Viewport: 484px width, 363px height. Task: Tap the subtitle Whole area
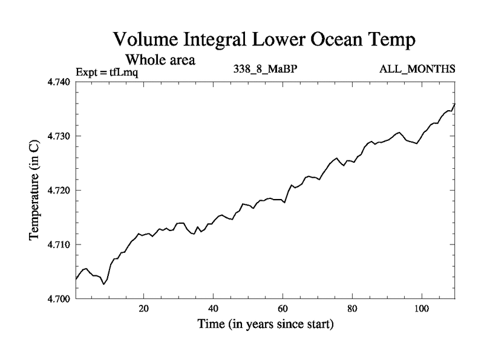[160, 60]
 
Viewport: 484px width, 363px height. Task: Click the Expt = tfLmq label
[108, 71]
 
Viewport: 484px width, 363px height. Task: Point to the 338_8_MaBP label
[265, 68]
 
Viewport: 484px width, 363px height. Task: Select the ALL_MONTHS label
[417, 68]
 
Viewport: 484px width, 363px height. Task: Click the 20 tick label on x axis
[144, 309]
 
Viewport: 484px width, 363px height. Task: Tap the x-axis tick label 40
[214, 309]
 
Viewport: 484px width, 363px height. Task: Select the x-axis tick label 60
[283, 309]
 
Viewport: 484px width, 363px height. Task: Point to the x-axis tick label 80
[352, 309]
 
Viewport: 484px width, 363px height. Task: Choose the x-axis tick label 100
[421, 309]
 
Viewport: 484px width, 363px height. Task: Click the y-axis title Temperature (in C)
[34, 190]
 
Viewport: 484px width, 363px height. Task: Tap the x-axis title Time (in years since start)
[266, 324]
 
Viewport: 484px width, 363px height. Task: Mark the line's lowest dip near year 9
[104, 284]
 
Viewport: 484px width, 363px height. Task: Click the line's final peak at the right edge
[454, 103]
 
